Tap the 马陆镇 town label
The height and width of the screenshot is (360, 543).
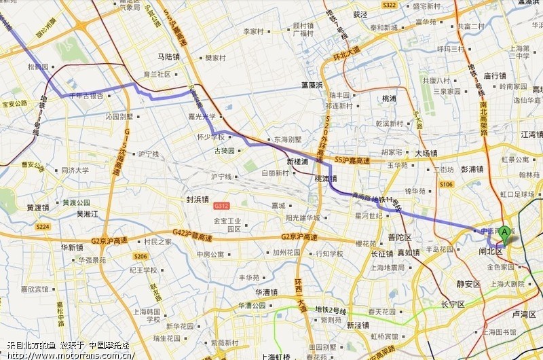(168, 57)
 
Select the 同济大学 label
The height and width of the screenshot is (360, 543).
(75, 170)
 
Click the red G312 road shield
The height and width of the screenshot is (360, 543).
(221, 205)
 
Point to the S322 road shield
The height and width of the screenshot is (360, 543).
(389, 5)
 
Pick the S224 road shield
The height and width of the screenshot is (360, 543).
(42, 226)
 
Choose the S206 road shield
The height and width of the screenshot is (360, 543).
(140, 256)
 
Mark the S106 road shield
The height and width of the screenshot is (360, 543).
(446, 184)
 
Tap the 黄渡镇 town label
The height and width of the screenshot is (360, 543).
(37, 208)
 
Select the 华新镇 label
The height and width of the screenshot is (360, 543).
(71, 247)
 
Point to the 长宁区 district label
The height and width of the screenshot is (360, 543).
(453, 304)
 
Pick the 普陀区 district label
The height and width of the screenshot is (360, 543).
(400, 237)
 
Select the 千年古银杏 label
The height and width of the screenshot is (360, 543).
(86, 96)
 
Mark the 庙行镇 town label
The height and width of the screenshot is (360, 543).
(495, 75)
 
